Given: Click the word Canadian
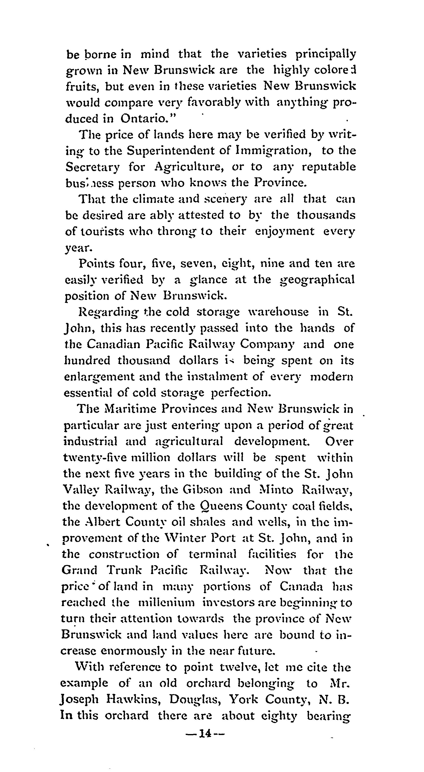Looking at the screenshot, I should pyautogui.click(x=113, y=344).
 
